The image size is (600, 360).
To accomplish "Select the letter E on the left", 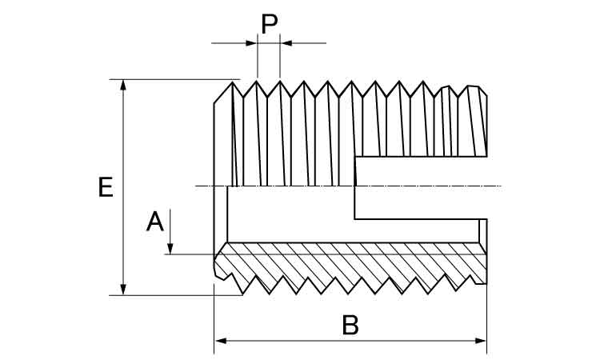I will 105,187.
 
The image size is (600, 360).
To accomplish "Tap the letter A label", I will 155,220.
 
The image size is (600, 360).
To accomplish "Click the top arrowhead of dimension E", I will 122,85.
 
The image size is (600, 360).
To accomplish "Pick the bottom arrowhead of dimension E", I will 122,289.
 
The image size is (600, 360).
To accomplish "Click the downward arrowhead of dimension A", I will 170,249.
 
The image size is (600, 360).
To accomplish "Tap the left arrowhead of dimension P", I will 252,42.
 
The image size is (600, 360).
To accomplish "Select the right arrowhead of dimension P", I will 286,42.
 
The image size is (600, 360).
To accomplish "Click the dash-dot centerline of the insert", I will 208,186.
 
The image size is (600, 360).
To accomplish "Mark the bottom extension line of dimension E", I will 176,295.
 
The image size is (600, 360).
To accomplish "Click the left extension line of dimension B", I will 214,320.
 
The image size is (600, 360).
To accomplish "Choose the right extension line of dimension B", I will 486,320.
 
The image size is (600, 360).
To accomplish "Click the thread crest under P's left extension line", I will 257,81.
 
